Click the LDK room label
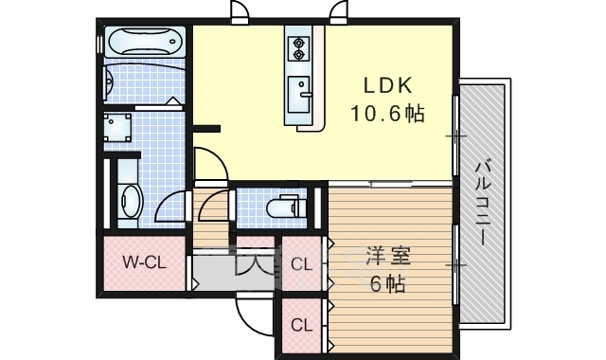point(387,85)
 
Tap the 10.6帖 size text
point(387,114)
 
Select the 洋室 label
point(388,256)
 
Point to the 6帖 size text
point(387,284)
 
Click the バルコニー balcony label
point(483,203)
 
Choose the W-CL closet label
point(145,263)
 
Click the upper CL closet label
point(301,265)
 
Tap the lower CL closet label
point(301,325)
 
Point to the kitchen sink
point(299,94)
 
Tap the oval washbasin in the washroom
point(132,201)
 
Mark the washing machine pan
point(117,127)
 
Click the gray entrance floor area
point(232,273)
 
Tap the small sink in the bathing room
point(108,82)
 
